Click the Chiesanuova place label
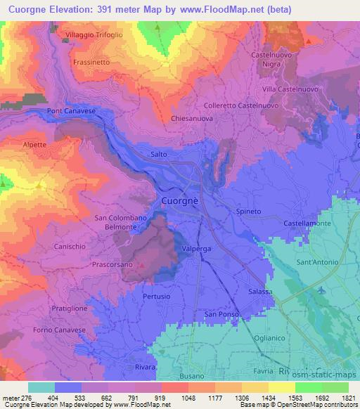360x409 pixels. point(191,119)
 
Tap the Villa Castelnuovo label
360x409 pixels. point(290,90)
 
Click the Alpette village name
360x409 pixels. point(34,145)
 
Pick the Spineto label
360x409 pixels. point(248,210)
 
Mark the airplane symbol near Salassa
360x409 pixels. point(321,290)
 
